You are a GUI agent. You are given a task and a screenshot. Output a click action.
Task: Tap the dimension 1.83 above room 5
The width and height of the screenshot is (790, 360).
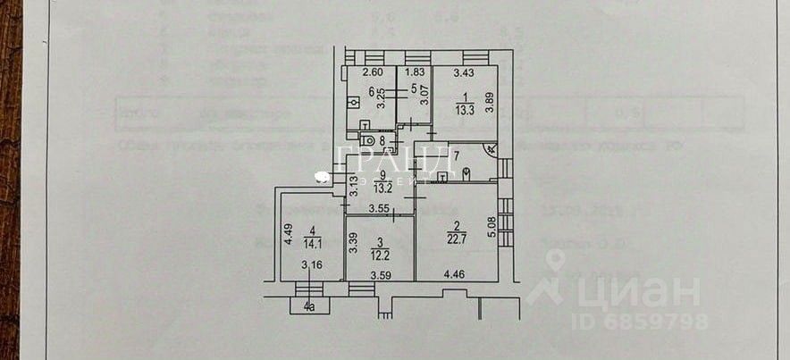[x=414, y=73]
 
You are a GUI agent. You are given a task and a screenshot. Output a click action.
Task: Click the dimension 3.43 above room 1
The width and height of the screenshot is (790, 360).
[x=464, y=73]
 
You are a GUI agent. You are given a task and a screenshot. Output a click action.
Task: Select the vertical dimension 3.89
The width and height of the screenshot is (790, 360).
[x=490, y=104]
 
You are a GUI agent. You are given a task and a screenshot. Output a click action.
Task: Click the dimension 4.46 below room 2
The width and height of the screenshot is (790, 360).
[x=455, y=274]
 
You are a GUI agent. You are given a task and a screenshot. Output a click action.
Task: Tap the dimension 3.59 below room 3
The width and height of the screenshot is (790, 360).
[x=382, y=275]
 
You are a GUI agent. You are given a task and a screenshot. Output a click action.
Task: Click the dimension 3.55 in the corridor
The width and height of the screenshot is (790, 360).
[x=380, y=209]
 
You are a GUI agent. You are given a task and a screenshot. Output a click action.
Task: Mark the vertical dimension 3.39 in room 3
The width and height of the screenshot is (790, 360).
[x=355, y=242]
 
